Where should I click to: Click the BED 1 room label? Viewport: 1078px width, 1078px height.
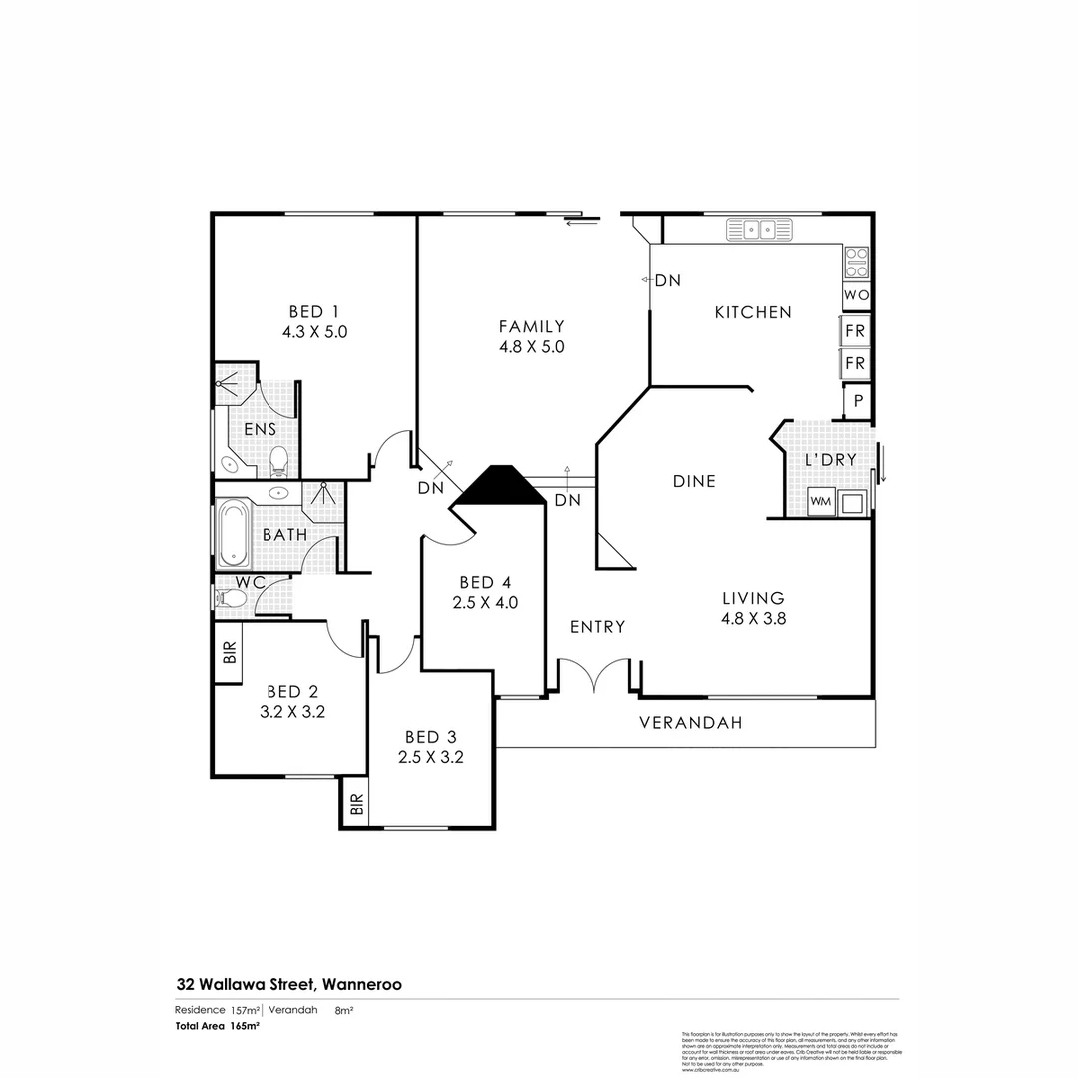tap(314, 310)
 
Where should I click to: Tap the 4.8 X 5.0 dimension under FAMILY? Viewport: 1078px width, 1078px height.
tap(532, 347)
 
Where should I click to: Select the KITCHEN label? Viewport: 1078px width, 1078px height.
tap(753, 312)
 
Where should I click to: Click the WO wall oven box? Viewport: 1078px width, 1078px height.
tap(855, 296)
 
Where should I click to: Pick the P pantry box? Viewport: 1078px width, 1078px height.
tap(857, 401)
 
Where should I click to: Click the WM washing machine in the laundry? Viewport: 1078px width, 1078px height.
tap(820, 501)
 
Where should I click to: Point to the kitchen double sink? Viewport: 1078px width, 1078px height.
tap(758, 231)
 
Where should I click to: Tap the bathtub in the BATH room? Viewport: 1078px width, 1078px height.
tap(234, 532)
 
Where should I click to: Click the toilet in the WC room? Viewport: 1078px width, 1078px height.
tap(232, 598)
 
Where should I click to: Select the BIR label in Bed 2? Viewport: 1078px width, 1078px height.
tap(229, 654)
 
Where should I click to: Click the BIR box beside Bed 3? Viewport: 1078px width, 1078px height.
tap(356, 805)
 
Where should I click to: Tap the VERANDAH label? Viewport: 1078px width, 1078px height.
tap(690, 723)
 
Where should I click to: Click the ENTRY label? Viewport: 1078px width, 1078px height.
tap(597, 627)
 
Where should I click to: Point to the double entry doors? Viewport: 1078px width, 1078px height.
tap(594, 676)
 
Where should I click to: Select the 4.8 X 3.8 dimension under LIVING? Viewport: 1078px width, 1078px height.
tap(754, 618)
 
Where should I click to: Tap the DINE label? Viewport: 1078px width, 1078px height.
tap(694, 481)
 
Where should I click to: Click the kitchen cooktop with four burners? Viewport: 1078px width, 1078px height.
tap(856, 262)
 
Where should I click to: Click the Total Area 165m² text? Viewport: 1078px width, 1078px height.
tap(218, 1025)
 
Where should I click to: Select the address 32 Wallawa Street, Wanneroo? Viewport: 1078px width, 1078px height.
tap(289, 984)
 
